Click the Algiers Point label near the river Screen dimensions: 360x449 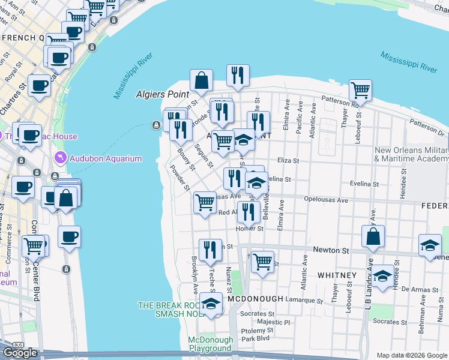[163, 94]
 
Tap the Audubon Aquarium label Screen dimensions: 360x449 [106, 158]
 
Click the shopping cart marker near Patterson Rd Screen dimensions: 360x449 [360, 91]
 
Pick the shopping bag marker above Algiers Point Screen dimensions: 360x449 [202, 81]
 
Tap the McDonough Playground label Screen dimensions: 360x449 [209, 344]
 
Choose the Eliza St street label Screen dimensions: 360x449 [288, 161]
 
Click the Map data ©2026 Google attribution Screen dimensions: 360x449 [412, 355]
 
